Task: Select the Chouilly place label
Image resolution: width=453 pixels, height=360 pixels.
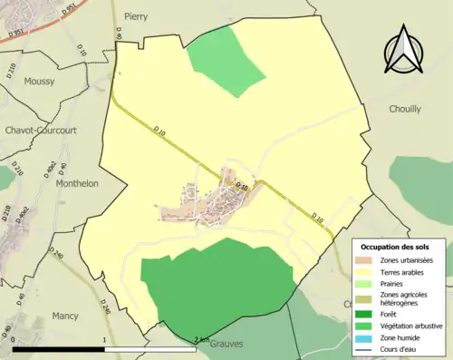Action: [x=404, y=109]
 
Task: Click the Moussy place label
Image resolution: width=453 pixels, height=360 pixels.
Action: [x=39, y=81]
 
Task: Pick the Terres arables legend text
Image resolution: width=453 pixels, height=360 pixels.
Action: [x=407, y=271]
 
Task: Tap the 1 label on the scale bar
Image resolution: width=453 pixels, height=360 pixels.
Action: [x=105, y=340]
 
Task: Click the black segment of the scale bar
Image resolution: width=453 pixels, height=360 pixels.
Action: [x=59, y=348]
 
